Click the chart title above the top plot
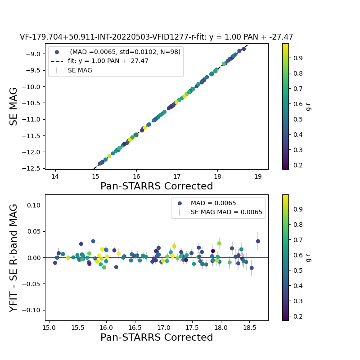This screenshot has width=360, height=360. tap(156, 37)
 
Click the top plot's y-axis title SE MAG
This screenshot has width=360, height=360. tap(14, 106)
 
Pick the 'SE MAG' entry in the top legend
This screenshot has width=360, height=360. tap(80, 70)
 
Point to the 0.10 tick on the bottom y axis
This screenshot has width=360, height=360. tap(34, 205)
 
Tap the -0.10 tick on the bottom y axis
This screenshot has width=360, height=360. tap(33, 310)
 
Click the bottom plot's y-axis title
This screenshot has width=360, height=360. tap(14, 258)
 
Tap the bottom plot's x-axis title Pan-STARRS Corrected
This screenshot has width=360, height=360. tap(156, 337)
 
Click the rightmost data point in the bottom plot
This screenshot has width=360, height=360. tap(258, 241)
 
